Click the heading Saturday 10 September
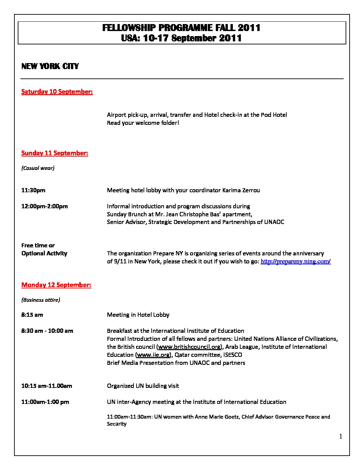pos(57,91)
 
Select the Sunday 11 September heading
pos(55,153)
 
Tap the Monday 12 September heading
pos(56,285)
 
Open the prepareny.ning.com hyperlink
pos(295,261)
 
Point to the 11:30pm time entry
pos(33,190)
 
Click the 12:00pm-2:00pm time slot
pos(44,206)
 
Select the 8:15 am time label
pos(32,315)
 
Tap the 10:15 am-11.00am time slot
pos(47,386)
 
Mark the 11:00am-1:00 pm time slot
pos(45,402)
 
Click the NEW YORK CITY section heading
pos(50,66)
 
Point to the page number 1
pos(341,437)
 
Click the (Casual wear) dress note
pos(38,168)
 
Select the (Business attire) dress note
pos(40,300)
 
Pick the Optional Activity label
pos(44,253)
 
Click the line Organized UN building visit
pos(143,386)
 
